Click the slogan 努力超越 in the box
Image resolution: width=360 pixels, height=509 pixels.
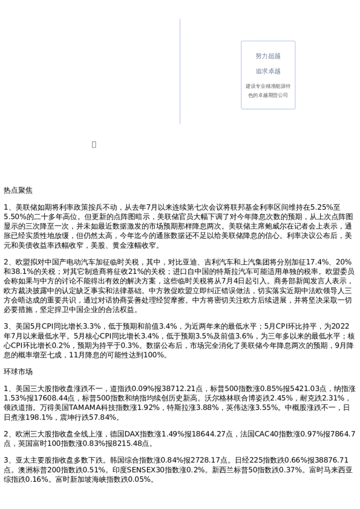(268, 56)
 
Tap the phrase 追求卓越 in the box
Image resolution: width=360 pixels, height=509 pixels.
(268, 71)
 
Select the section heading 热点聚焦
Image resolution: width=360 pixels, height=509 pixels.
(18, 190)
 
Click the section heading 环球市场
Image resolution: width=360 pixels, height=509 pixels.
(18, 372)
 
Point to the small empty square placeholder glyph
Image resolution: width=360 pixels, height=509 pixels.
(94, 144)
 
